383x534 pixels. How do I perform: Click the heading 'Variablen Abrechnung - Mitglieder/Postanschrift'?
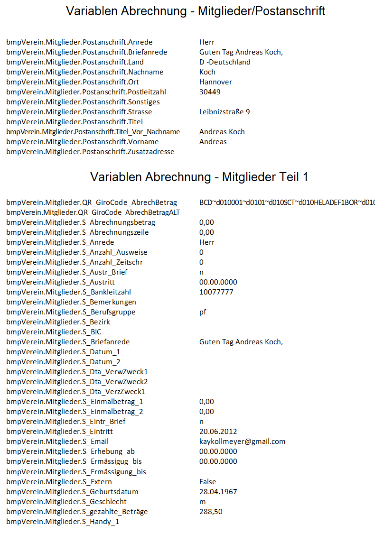[x=196, y=11]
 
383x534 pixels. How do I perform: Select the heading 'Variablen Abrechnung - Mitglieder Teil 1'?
[x=199, y=177]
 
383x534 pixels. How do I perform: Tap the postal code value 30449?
[x=210, y=92]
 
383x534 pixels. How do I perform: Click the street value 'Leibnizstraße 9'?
[x=224, y=112]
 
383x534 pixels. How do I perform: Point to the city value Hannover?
[x=215, y=82]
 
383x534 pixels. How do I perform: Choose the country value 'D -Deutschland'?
[x=225, y=62]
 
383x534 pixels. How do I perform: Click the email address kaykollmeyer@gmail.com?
[x=243, y=442]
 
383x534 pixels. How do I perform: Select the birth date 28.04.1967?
[x=218, y=491]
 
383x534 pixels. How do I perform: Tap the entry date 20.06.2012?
[x=218, y=432]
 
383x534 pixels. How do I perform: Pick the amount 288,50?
[x=211, y=511]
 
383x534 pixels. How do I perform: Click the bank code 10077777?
[x=216, y=292]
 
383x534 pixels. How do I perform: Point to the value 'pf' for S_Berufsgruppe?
[x=203, y=312]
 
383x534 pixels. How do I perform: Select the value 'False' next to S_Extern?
[x=208, y=481]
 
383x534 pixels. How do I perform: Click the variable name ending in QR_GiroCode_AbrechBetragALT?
[x=93, y=212]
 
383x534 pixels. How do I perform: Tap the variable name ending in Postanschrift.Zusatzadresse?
[x=90, y=152]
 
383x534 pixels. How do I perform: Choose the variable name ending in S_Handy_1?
[x=63, y=522]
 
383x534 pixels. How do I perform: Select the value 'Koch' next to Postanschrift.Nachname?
[x=207, y=72]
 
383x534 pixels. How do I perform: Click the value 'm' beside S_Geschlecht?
[x=203, y=501]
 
